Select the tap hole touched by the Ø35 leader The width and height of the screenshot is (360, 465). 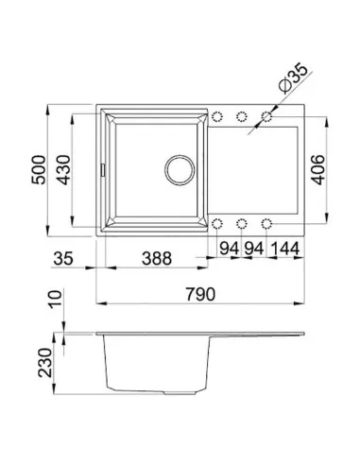click(267, 117)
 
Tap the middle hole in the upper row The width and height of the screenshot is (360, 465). click(242, 117)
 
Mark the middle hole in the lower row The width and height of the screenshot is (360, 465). click(242, 224)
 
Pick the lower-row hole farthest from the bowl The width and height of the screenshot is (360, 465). click(267, 224)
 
